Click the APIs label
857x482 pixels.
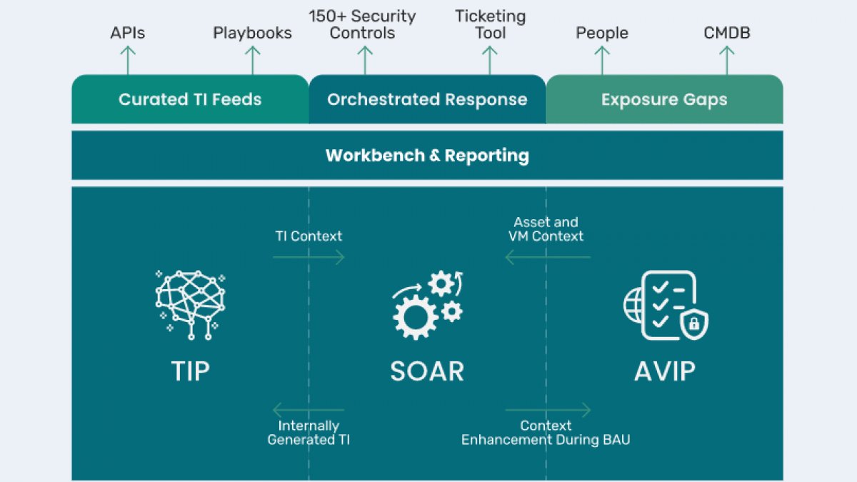(127, 33)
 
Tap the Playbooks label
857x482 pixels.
(252, 33)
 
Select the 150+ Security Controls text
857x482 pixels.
(362, 24)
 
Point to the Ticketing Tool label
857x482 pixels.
(490, 24)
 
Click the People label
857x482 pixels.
(602, 34)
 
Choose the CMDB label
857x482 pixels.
(726, 33)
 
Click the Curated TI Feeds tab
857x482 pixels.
(190, 99)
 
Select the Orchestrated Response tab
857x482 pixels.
(427, 99)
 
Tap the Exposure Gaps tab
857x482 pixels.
(665, 99)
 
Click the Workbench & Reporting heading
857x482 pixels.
(427, 156)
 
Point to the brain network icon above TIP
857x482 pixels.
(190, 305)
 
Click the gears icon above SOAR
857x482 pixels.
(428, 305)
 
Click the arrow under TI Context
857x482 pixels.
(309, 257)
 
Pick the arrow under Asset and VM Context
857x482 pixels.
(548, 257)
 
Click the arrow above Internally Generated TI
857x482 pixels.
(309, 410)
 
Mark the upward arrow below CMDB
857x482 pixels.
(726, 60)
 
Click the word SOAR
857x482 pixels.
(427, 371)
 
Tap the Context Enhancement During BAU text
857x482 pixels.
(546, 433)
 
